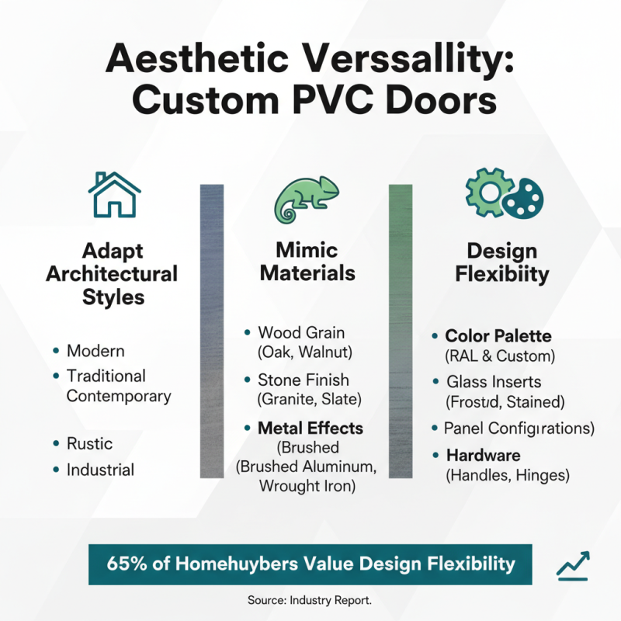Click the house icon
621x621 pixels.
pos(114,195)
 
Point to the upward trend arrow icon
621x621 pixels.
pos(573,565)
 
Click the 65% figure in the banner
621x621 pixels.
pos(127,564)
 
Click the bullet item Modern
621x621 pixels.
pos(95,351)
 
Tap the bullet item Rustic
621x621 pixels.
pos(89,444)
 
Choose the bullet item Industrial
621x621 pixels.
pos(100,470)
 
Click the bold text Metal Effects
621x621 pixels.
pos(310,428)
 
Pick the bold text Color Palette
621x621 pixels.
pos(498,337)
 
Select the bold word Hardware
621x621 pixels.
pos(483,455)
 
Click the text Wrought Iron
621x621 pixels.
pos(307,487)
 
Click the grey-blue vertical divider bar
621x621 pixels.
pos(212,330)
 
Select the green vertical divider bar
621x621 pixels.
pos(400,330)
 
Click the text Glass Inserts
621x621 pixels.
pos(494,383)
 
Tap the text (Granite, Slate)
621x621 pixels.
pos(304,401)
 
